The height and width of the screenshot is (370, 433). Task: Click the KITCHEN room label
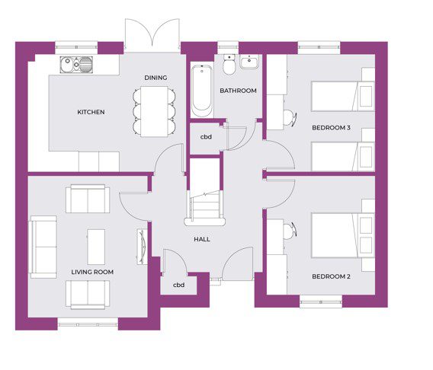click(x=91, y=112)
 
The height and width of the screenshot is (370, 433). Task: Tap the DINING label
click(x=156, y=78)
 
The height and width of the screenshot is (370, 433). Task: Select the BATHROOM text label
click(x=238, y=91)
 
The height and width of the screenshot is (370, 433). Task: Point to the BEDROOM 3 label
click(x=331, y=128)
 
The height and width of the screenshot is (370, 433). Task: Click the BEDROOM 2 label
click(x=331, y=276)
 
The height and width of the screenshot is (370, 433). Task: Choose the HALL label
click(x=202, y=239)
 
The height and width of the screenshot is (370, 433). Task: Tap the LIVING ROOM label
click(x=92, y=272)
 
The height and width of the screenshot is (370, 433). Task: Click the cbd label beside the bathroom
click(x=206, y=137)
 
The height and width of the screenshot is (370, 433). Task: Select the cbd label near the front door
click(x=178, y=285)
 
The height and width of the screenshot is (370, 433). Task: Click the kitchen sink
click(x=76, y=65)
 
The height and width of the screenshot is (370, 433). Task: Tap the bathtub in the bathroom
click(x=202, y=91)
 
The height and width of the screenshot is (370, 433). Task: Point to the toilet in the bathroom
click(x=229, y=65)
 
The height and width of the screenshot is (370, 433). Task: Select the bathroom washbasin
click(x=249, y=62)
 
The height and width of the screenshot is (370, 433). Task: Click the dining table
click(x=154, y=112)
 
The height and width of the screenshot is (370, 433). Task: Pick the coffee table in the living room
click(x=96, y=247)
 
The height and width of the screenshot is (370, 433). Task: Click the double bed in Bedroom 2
click(x=343, y=235)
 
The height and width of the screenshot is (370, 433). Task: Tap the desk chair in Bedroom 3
click(x=290, y=118)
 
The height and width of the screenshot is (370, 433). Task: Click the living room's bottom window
click(x=88, y=324)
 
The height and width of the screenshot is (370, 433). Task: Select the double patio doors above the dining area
click(x=152, y=36)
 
